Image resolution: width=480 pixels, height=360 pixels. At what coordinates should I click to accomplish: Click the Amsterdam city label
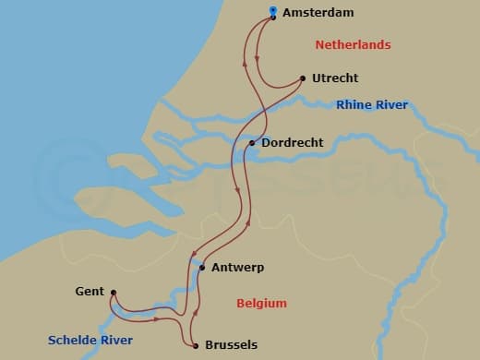(319, 13)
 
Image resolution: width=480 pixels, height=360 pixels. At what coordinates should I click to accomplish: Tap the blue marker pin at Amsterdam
(273, 13)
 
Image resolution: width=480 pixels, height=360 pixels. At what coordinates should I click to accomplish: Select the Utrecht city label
(335, 78)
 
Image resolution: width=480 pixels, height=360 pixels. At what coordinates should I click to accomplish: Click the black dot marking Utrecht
(303, 79)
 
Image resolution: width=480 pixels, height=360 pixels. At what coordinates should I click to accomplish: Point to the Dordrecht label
(293, 143)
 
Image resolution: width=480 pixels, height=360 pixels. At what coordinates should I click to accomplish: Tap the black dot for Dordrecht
(252, 143)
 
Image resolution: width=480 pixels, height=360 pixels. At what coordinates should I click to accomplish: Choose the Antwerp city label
(237, 268)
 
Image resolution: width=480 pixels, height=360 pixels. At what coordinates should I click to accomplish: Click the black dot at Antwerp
(201, 268)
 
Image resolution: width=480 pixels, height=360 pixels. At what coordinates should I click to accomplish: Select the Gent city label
(90, 292)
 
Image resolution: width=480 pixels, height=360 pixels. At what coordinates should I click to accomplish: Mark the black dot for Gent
(112, 294)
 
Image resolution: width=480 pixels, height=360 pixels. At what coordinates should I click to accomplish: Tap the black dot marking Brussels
(196, 346)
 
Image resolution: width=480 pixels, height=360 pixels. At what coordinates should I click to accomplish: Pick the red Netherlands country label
(353, 44)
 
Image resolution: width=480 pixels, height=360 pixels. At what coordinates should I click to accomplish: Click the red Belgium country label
(261, 303)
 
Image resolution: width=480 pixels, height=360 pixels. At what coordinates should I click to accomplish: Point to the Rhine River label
(372, 105)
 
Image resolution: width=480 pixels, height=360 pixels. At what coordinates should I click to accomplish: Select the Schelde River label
(90, 341)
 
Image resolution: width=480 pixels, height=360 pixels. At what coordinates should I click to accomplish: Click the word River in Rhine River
(391, 105)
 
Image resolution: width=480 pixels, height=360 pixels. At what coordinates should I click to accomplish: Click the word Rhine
(354, 105)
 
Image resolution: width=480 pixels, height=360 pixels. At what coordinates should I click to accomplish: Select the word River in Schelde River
(115, 341)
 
